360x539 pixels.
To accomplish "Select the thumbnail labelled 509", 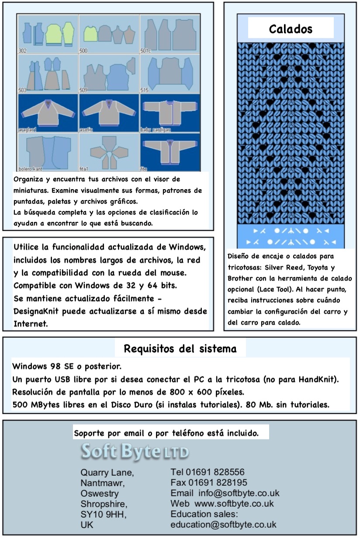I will (109, 74).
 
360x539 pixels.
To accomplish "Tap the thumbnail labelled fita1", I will (109, 152).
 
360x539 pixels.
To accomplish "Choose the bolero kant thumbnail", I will (48, 152).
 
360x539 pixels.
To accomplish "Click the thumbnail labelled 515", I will (170, 74).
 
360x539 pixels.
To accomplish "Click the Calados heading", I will (291, 29).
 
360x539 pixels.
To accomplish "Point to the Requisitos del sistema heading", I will (180, 349).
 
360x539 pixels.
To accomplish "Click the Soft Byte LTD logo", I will (135, 452).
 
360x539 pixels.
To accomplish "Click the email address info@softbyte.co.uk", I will (239, 493).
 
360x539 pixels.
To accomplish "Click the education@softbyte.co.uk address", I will (223, 525).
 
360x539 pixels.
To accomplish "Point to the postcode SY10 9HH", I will (104, 515).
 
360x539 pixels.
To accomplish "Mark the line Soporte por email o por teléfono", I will (166, 434).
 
